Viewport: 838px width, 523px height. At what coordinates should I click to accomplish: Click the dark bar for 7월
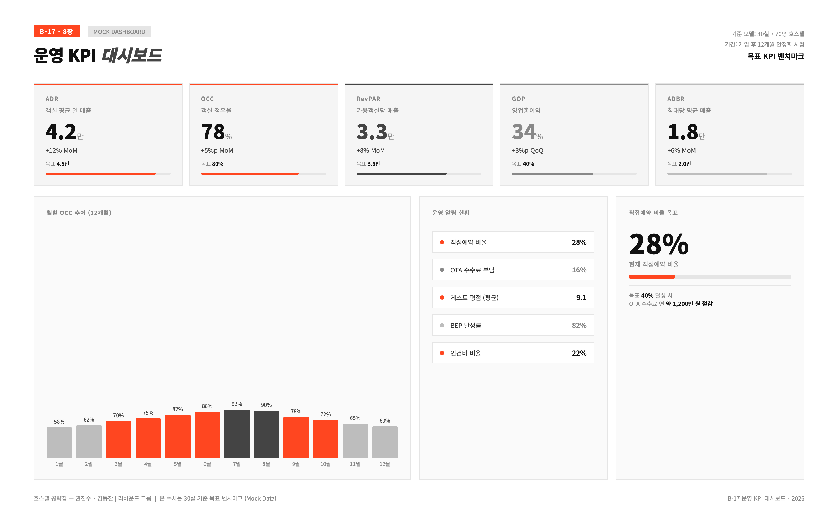(x=237, y=433)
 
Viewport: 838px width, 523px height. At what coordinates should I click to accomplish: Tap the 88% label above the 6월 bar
(x=207, y=406)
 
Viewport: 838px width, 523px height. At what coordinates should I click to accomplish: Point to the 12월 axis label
(x=385, y=464)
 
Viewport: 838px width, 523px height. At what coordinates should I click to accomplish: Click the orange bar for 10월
(x=326, y=439)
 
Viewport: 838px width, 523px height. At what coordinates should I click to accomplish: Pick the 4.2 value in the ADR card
(x=61, y=132)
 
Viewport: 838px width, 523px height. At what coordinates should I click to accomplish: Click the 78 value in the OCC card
(x=213, y=132)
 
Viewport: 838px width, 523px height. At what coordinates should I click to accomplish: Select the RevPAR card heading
(x=368, y=99)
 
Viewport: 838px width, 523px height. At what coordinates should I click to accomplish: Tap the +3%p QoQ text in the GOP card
(x=527, y=150)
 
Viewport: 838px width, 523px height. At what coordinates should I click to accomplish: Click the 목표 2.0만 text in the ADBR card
(x=679, y=164)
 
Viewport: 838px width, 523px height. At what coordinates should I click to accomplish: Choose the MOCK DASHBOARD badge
(x=119, y=31)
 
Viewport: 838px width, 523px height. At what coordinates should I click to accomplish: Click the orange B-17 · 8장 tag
(x=57, y=31)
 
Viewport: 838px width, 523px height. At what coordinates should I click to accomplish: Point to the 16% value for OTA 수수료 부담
(x=579, y=270)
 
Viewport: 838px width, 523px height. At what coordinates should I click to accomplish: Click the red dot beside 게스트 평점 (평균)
(x=442, y=298)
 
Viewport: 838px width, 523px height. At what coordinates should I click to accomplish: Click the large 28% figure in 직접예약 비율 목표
(x=659, y=244)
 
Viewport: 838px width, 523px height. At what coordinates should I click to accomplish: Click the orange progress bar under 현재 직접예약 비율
(x=652, y=277)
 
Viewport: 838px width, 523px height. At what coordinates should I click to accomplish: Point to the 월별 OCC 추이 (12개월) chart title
(x=79, y=213)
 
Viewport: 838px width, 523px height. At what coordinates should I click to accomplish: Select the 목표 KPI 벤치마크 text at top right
(x=776, y=56)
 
